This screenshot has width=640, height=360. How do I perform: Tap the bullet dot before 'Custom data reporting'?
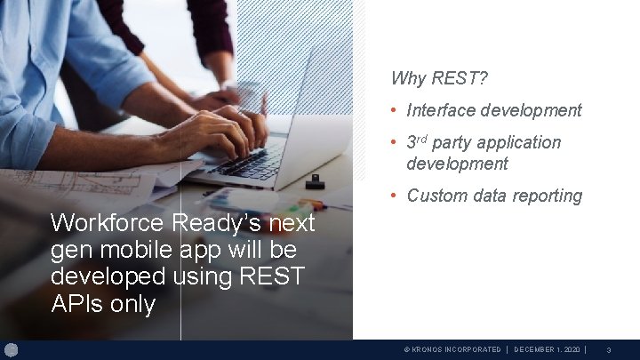(396, 196)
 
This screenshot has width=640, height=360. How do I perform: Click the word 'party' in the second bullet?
(452, 143)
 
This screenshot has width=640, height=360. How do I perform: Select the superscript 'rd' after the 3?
(423, 139)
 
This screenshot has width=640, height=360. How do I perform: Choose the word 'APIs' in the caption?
(76, 304)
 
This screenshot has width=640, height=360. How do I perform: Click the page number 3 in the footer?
(608, 350)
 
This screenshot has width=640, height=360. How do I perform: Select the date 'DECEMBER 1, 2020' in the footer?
(547, 350)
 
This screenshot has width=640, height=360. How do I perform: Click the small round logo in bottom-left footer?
(11, 349)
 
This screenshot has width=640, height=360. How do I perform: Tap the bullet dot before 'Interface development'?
(396, 110)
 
